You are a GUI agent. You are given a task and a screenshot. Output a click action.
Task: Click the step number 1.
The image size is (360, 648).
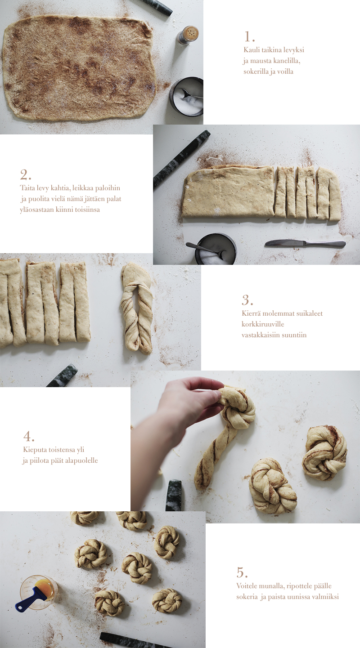coord(249,37)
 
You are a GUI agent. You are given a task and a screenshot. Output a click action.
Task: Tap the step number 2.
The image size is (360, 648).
coord(26,175)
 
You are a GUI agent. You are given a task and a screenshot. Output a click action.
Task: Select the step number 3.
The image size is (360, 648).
coord(247,300)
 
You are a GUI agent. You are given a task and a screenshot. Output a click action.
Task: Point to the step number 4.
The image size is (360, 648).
coord(29,436)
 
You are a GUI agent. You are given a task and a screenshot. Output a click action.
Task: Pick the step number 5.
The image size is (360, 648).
coord(242,572)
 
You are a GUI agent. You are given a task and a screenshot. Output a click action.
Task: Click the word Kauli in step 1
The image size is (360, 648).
coord(252,50)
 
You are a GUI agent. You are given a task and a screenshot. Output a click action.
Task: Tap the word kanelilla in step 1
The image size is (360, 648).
coord(287,61)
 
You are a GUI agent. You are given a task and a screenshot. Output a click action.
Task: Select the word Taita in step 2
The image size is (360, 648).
coord(27,188)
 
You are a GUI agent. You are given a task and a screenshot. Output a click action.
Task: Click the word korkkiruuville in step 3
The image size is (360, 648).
coord(262,324)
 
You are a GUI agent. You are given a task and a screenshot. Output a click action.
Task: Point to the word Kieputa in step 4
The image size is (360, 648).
coord(35,450)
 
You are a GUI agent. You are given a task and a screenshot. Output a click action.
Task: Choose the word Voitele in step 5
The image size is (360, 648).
coord(247,586)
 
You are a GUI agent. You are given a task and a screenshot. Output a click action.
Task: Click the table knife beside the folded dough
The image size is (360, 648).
coord(305,244)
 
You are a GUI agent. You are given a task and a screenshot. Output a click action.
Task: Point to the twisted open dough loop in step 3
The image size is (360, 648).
coord(137,308)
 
